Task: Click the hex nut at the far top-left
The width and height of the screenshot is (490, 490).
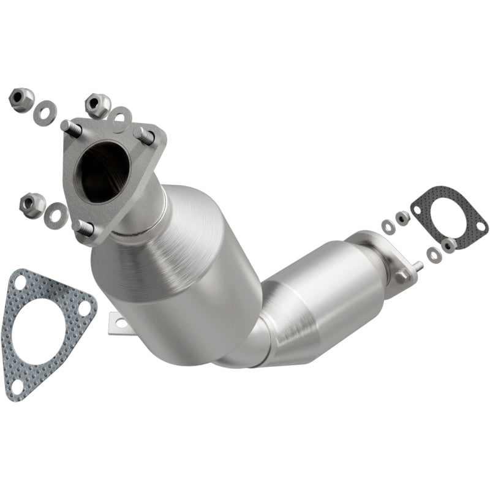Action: (21, 100)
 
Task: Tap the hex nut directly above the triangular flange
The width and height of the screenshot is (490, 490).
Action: (98, 105)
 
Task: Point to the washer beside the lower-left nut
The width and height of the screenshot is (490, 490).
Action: (56, 213)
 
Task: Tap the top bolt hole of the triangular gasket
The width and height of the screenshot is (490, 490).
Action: (20, 283)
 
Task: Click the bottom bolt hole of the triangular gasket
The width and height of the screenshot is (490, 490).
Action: (18, 385)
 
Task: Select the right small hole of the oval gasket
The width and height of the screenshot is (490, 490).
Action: (480, 227)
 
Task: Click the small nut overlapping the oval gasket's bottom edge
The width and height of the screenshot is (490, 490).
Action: (450, 243)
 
